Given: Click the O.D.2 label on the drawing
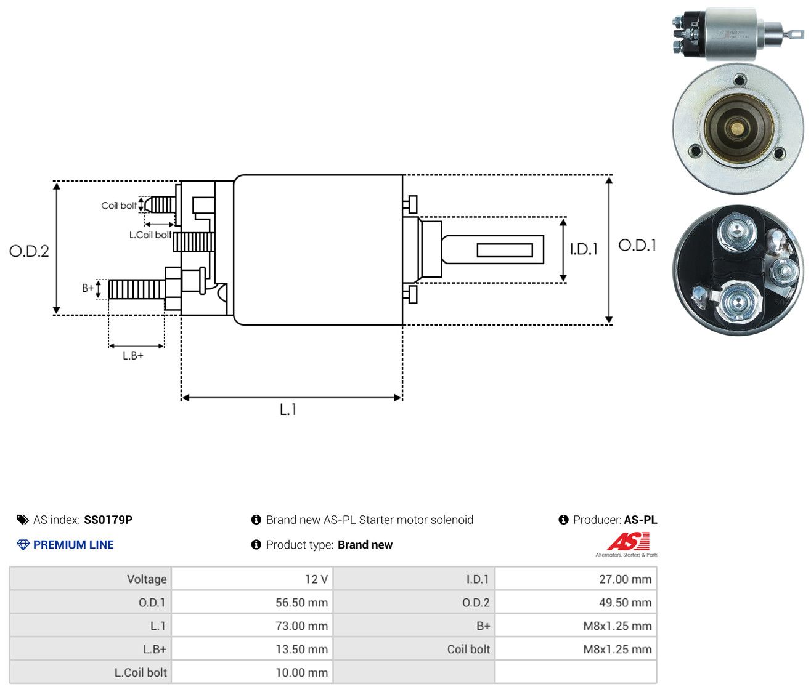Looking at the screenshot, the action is (x=29, y=251).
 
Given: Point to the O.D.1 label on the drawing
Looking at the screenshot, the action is (x=637, y=246).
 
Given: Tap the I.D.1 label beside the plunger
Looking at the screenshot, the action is (x=584, y=249).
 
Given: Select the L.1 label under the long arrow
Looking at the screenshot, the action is (x=288, y=409).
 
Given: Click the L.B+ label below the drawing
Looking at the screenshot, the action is (x=133, y=356).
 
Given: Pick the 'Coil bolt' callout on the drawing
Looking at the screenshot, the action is (x=119, y=206).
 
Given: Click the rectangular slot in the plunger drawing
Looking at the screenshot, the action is (x=505, y=250).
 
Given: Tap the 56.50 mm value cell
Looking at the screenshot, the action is (x=252, y=602).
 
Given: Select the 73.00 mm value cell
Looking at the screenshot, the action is (x=252, y=626).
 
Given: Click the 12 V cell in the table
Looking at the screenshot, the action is (x=252, y=579).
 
